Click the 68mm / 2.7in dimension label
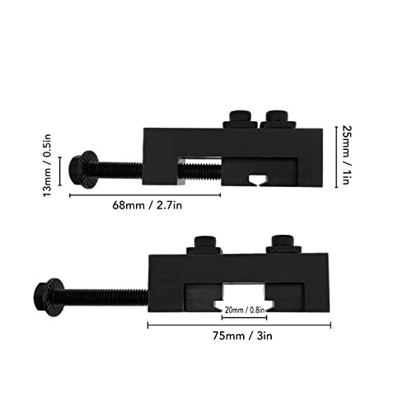(147, 205)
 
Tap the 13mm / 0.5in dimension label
(47, 165)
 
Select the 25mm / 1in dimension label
(346, 155)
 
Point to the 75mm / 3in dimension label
(242, 336)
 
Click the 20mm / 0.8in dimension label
(245, 310)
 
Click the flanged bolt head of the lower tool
(49, 297)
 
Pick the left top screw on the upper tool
(241, 119)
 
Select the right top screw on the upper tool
(278, 119)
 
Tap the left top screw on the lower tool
(204, 246)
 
